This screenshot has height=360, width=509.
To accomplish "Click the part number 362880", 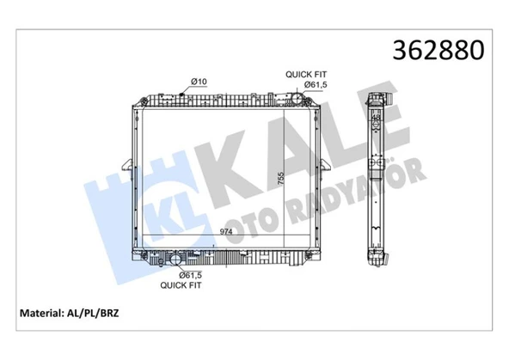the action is (438, 51).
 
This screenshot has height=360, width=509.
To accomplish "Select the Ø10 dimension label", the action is (199, 82).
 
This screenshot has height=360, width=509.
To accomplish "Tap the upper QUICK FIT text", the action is (306, 74).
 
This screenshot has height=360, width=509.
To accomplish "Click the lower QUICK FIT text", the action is (181, 285).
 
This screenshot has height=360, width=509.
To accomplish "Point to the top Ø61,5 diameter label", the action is (316, 85).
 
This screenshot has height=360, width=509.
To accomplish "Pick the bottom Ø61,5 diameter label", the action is (191, 275).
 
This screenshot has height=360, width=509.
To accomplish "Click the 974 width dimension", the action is (226, 232).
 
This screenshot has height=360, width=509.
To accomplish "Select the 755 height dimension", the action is (280, 179).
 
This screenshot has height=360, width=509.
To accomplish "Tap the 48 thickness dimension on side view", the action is (377, 117).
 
